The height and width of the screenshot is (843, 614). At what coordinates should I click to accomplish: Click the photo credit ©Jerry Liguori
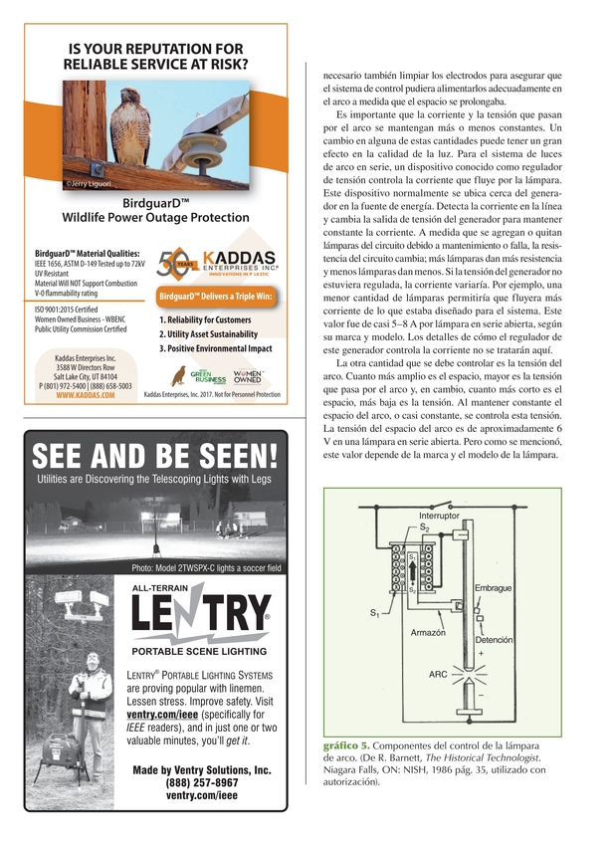[89, 183]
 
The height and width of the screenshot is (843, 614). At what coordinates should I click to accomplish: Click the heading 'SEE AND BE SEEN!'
[154, 458]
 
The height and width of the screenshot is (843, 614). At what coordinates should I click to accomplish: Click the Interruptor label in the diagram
[439, 516]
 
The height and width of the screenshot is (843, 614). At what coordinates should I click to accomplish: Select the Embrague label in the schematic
[493, 588]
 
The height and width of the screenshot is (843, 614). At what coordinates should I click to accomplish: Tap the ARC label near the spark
[438, 674]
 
